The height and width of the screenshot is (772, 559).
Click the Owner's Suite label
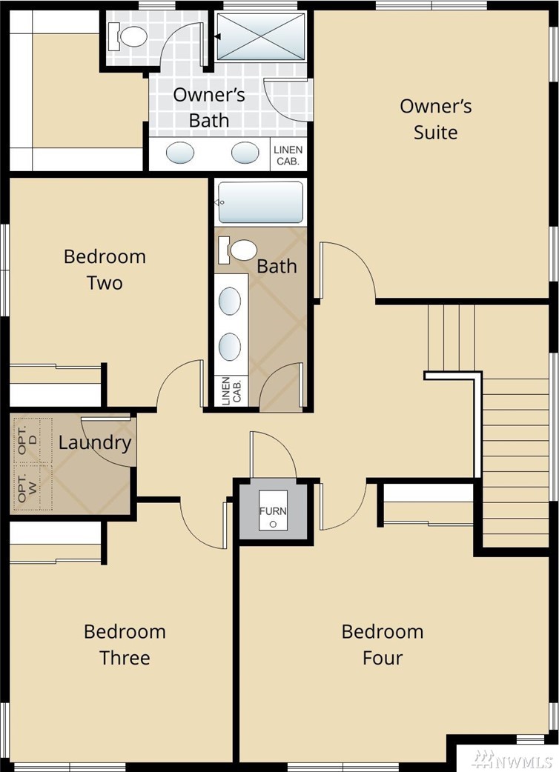(x=435, y=119)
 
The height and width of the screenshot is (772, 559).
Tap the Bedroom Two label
(x=105, y=270)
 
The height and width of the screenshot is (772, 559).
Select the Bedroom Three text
(x=125, y=644)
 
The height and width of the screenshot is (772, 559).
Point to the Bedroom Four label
(x=383, y=644)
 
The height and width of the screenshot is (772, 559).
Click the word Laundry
(x=95, y=443)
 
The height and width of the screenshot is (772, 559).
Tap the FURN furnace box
(x=274, y=510)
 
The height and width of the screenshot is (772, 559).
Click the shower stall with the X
(x=260, y=36)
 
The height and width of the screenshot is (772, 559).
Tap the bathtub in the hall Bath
(x=260, y=202)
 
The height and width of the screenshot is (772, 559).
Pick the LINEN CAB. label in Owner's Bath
(x=288, y=155)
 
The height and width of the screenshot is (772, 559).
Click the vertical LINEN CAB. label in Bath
(x=231, y=391)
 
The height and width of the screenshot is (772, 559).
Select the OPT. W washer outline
(x=33, y=487)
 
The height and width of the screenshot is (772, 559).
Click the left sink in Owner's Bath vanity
(x=179, y=153)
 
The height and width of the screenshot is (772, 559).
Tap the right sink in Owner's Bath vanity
(x=245, y=153)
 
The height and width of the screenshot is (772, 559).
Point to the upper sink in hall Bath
(x=230, y=301)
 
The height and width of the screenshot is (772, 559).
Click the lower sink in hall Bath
(x=230, y=347)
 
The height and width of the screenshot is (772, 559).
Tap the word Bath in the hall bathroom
(x=277, y=267)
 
